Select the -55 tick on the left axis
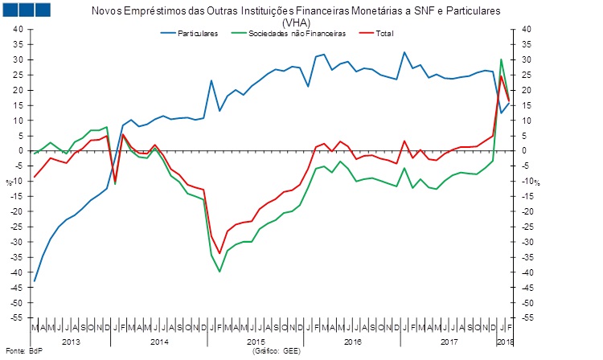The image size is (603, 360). pos(16,318)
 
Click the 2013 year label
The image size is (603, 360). pos(71,342)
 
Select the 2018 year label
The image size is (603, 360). pos(503,342)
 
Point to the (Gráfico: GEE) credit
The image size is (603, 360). pos(277,352)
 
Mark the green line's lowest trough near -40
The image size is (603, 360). pos(219,272)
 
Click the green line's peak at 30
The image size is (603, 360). pos(502,59)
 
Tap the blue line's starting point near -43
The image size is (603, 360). pos(35,280)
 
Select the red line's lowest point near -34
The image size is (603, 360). pos(219,253)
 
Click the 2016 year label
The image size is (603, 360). pos(352,342)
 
